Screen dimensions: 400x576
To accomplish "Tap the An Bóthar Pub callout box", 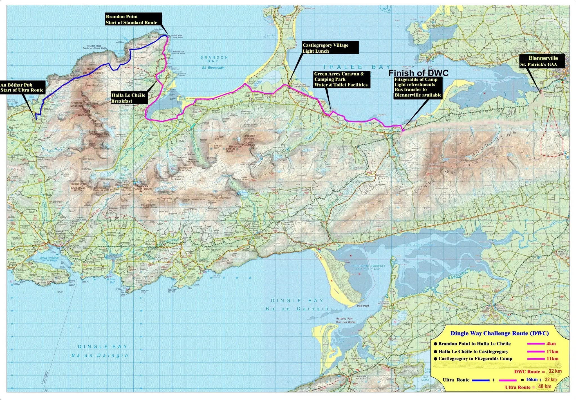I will pos(22,88).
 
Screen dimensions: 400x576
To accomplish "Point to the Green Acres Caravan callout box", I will pos(341,79).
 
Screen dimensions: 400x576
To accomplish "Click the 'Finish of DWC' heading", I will pos(418,73).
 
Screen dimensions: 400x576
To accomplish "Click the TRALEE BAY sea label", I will pos(357,67).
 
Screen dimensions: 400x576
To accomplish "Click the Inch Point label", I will pos(363,306).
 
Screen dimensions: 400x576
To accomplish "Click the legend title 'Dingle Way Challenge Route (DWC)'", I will pos(499,333).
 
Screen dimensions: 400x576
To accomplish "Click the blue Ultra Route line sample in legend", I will pos(480,380).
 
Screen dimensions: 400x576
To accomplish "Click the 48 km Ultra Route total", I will pos(545,386).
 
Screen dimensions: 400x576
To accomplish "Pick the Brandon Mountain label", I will pos(77,105).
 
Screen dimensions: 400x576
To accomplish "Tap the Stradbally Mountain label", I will pos(249,137).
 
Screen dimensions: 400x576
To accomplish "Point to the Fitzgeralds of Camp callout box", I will pos(418,87).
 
